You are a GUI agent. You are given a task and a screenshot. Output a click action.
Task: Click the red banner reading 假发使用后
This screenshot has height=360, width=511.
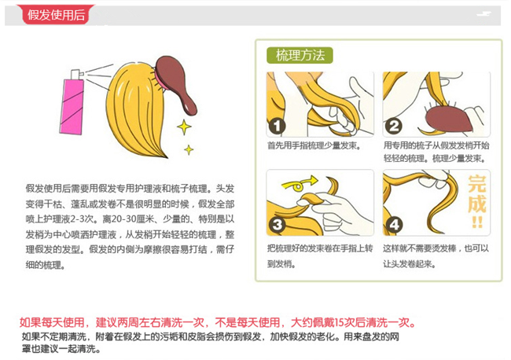click(55, 14)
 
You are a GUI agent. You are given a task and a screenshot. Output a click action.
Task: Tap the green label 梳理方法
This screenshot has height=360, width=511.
click(300, 55)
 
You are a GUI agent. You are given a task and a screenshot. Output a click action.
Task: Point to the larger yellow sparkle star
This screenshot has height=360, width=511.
click(184, 127)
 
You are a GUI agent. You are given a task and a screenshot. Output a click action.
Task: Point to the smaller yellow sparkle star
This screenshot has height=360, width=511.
click(189, 149)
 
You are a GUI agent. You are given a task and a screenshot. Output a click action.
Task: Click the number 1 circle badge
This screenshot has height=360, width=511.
click(277, 126)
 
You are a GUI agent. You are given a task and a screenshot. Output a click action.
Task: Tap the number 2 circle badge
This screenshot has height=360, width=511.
click(394, 126)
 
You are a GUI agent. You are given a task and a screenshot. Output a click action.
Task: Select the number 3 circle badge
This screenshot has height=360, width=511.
click(277, 225)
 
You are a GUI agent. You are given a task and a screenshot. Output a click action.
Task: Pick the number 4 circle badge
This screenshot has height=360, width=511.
click(394, 225)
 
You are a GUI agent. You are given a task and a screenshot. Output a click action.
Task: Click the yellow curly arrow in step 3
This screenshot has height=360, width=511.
click(300, 184)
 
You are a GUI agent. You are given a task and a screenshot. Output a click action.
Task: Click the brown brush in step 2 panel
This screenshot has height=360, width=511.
click(448, 119)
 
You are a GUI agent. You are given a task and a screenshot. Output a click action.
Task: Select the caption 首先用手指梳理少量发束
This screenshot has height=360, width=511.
click(314, 145)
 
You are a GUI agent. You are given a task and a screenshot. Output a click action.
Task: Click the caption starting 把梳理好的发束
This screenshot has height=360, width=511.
click(320, 256)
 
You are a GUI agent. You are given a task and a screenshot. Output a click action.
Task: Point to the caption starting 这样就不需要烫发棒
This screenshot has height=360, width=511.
click(436, 256)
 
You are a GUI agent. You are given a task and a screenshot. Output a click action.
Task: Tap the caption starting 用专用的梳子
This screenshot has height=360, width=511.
click(436, 152)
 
